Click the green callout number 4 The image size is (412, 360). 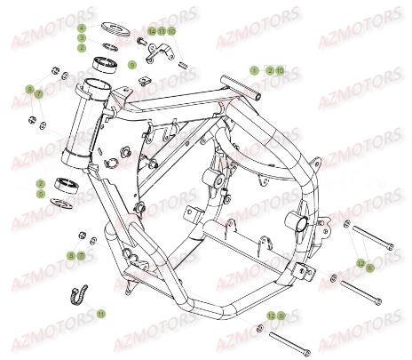pyautogui.click(x=82, y=29)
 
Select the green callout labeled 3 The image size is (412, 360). pyautogui.click(x=82, y=38)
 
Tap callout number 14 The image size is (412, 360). pyautogui.click(x=152, y=31)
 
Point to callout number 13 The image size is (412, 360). pyautogui.click(x=162, y=31)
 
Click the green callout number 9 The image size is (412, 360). pyautogui.click(x=132, y=65)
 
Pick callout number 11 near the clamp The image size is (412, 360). pyautogui.click(x=100, y=314)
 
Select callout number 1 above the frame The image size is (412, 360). pyautogui.click(x=253, y=69)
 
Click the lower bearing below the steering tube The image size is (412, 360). pyautogui.click(x=67, y=185)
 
